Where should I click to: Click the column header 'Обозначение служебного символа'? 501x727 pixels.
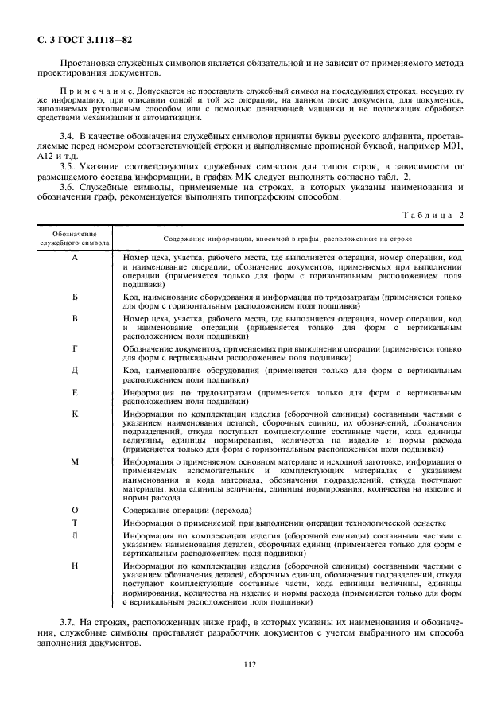[x=74, y=238]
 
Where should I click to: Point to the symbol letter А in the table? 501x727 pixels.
[x=75, y=259]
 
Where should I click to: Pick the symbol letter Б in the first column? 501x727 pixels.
[x=75, y=297]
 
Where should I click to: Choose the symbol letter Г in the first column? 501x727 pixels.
[x=75, y=348]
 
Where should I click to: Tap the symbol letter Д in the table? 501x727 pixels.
[x=75, y=371]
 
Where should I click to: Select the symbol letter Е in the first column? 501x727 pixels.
[x=75, y=392]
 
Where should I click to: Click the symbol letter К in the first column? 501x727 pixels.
[x=75, y=414]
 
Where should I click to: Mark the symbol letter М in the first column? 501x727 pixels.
[x=75, y=461]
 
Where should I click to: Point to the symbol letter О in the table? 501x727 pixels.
[x=75, y=509]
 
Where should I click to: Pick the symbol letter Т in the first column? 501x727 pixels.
[x=75, y=523]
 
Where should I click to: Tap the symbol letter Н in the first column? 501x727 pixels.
[x=75, y=566]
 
